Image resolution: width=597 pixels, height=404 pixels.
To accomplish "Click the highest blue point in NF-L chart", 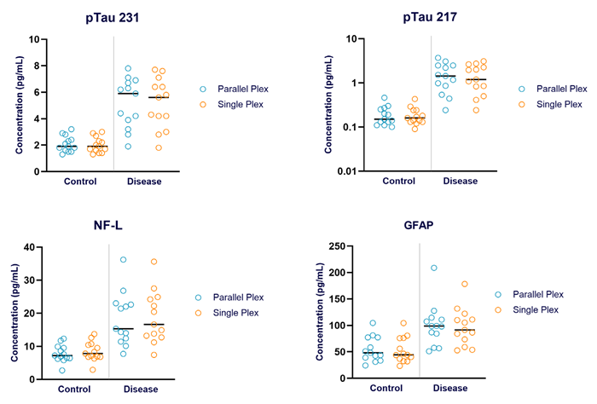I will click(124, 260).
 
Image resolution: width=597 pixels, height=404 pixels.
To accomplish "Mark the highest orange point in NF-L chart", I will click(154, 263).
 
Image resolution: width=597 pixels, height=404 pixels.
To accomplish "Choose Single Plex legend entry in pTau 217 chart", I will click(552, 104).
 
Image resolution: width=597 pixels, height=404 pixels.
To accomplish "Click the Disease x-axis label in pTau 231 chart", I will click(144, 182).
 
